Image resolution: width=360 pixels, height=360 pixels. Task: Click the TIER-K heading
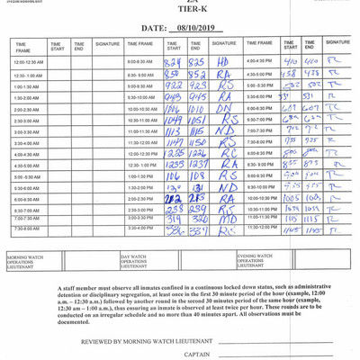179,13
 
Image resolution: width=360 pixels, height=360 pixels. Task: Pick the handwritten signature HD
223,62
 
